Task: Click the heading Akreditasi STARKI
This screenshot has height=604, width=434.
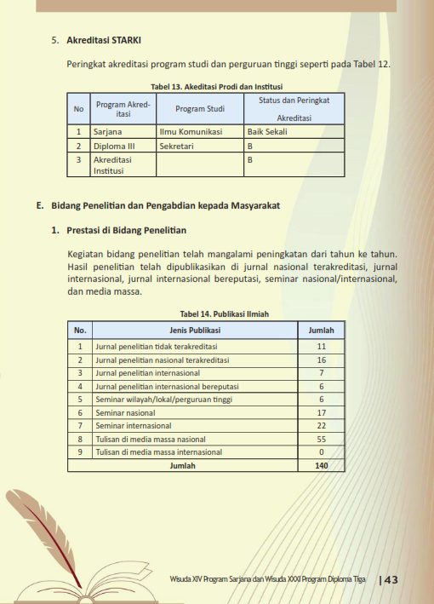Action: [x=104, y=39]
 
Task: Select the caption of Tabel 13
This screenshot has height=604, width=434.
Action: [x=216, y=87]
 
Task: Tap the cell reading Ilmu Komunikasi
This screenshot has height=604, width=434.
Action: [x=191, y=132]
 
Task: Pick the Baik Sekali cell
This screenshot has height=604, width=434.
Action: [x=267, y=132]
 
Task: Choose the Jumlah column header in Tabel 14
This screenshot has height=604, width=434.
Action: [x=321, y=330]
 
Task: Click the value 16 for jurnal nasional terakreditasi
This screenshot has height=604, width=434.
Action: [x=321, y=360]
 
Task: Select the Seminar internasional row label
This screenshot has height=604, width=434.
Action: [x=133, y=426]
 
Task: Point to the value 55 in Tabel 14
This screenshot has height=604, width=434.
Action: [x=321, y=439]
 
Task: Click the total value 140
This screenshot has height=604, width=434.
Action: [x=321, y=465]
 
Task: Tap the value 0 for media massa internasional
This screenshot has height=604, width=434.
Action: [x=321, y=452]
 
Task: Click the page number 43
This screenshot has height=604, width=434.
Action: [x=391, y=580]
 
